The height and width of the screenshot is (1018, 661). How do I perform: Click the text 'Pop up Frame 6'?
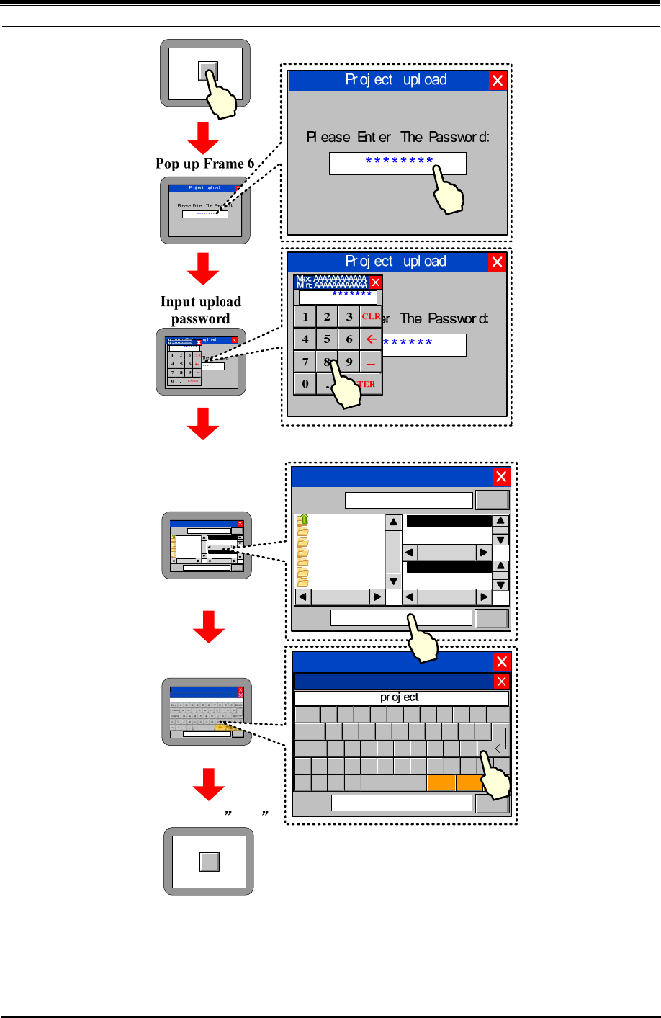point(204,164)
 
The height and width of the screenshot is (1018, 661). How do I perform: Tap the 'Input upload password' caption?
point(200,311)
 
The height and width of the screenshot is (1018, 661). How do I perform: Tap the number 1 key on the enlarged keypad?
point(305,317)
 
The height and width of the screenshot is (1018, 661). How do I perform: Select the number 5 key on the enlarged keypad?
point(327,339)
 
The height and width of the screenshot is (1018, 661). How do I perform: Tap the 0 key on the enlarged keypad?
point(305,384)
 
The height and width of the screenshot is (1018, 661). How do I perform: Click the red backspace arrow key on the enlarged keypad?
point(371,339)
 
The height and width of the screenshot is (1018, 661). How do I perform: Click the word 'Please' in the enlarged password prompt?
point(328,137)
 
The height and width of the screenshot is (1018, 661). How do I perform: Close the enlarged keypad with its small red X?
point(375,282)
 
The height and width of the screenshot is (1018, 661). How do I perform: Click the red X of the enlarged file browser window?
point(501,476)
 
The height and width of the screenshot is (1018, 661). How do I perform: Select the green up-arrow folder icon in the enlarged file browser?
point(304,519)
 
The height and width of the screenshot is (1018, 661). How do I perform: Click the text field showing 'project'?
point(401,697)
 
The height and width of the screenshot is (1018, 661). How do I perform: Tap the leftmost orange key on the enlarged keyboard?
point(441,783)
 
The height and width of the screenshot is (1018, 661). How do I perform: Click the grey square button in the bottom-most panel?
point(209,862)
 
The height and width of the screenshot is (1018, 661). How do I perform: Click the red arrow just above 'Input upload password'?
point(203,269)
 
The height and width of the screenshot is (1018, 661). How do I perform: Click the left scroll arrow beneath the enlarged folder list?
point(303,597)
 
